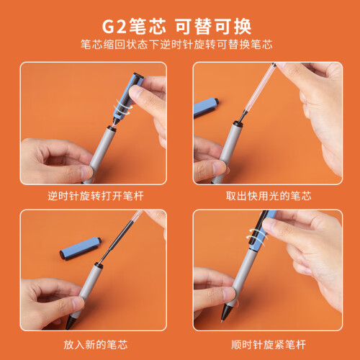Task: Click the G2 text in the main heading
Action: (x=114, y=27)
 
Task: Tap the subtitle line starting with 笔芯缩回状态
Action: (x=176, y=45)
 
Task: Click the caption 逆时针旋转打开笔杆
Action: (x=96, y=196)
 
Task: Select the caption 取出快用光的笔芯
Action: (x=269, y=196)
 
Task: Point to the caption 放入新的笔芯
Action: (x=96, y=345)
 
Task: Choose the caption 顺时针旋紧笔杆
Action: (x=269, y=345)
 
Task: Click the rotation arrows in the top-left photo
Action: (x=123, y=107)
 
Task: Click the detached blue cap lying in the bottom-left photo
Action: (x=81, y=248)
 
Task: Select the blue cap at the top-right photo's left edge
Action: (x=206, y=107)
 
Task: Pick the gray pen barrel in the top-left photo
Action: (x=102, y=153)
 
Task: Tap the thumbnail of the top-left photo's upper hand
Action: (x=135, y=92)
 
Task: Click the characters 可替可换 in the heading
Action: (x=213, y=27)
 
